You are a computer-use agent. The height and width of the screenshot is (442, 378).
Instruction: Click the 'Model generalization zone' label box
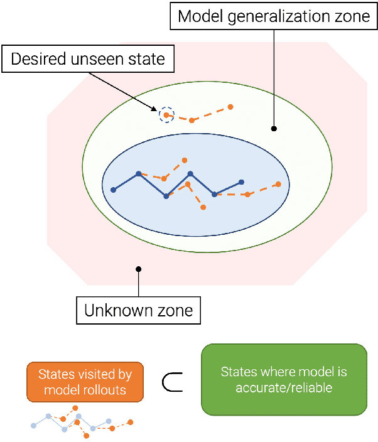click(x=274, y=17)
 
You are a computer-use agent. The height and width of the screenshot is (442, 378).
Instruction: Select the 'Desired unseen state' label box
click(x=88, y=60)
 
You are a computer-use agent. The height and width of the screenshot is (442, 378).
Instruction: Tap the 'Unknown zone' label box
click(x=139, y=310)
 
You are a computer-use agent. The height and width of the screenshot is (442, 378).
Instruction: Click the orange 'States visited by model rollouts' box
click(x=85, y=380)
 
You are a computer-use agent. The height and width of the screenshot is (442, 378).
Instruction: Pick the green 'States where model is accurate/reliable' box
click(x=284, y=379)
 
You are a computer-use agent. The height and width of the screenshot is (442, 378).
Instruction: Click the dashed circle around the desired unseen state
click(x=165, y=114)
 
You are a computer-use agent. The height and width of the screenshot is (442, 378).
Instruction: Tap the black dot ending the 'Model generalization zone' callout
click(x=274, y=129)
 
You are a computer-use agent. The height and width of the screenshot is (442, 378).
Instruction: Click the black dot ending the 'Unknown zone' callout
click(x=138, y=269)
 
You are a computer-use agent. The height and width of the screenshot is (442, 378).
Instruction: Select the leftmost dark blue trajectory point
click(x=114, y=190)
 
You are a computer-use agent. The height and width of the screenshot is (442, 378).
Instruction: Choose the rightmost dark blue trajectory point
click(x=242, y=182)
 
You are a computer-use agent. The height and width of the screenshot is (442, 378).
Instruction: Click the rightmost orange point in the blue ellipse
click(x=279, y=184)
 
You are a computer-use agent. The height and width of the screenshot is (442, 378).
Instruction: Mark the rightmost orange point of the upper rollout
click(x=230, y=107)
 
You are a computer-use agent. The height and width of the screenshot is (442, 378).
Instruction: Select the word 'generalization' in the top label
click(x=264, y=17)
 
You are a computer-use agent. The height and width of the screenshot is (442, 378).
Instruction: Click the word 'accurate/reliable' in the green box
click(x=284, y=387)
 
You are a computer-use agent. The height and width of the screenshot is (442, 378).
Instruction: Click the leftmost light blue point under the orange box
click(x=33, y=425)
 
